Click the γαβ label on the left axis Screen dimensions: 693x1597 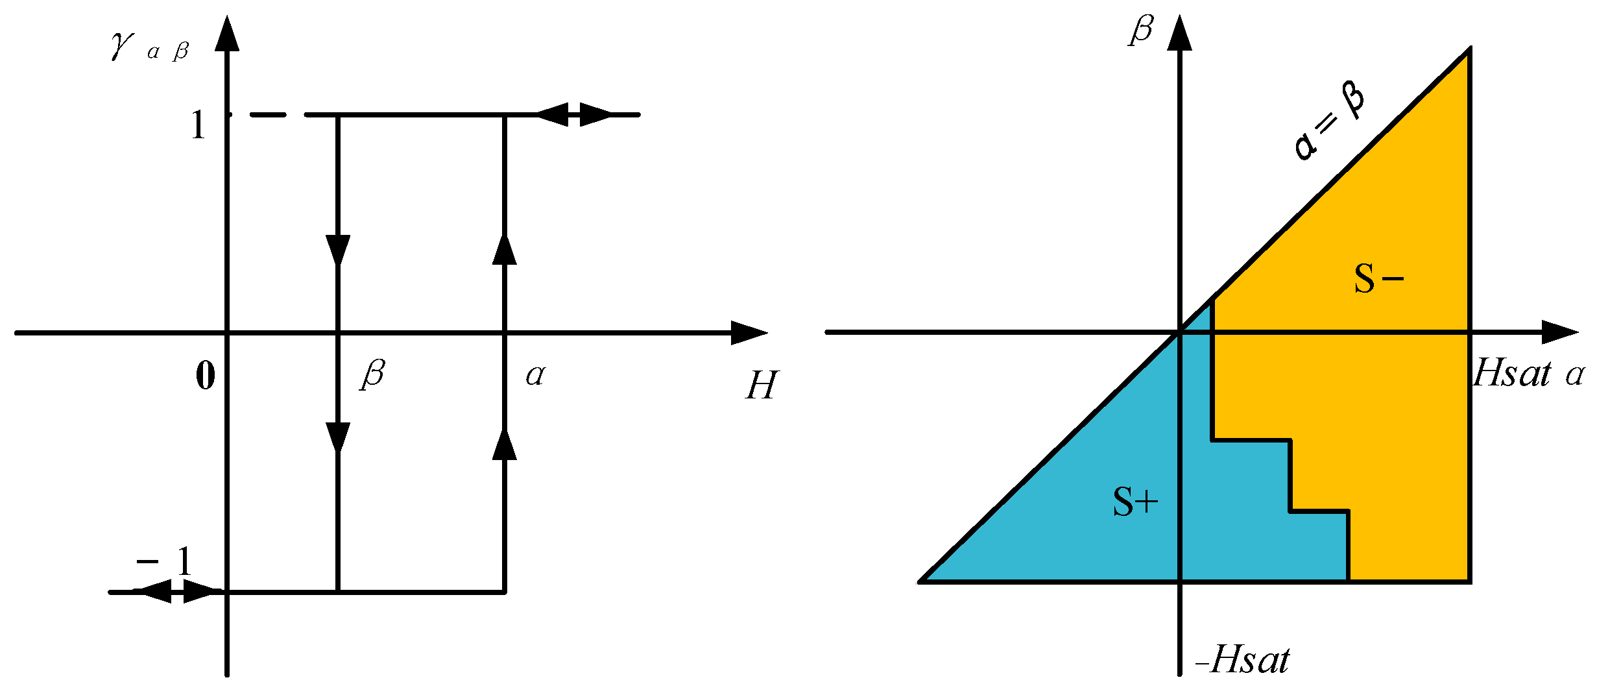coord(149,47)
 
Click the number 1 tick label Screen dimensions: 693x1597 coord(198,125)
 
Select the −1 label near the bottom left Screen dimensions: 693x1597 coord(165,561)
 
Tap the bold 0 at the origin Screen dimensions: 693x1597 coord(206,376)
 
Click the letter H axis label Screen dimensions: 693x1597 coord(761,385)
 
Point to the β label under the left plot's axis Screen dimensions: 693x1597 coord(373,374)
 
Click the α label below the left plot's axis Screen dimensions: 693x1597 coord(535,375)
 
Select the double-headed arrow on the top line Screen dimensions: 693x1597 coord(574,114)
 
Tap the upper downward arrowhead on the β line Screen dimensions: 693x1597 coord(338,250)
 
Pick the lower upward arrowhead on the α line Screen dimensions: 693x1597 coord(505,444)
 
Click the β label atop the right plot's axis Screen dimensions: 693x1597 coord(1141,30)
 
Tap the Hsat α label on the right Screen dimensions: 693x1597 coord(1528,374)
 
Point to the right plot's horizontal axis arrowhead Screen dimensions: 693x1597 coord(1559,332)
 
